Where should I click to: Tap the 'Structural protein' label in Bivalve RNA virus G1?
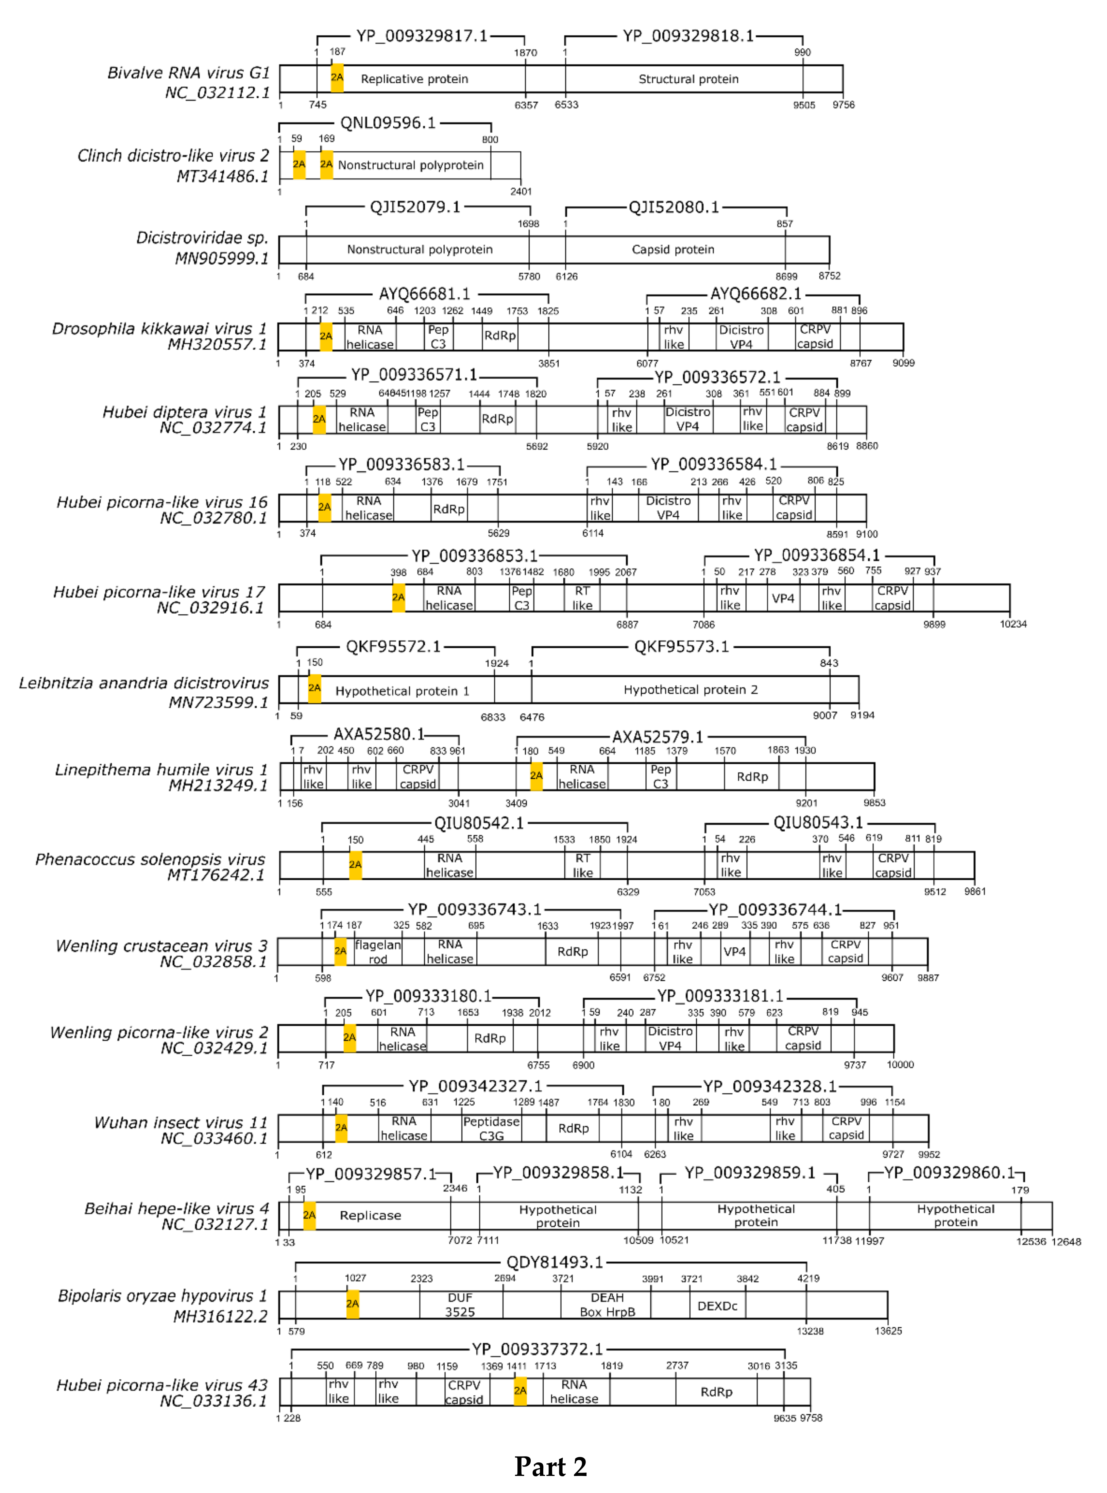(x=688, y=79)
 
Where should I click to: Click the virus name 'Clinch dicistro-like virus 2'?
(x=173, y=155)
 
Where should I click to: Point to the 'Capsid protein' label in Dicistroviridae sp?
(x=673, y=249)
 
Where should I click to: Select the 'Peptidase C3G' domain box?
(x=491, y=1128)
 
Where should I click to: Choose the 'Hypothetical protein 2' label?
(x=690, y=690)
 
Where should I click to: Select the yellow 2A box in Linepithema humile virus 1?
(x=536, y=776)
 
